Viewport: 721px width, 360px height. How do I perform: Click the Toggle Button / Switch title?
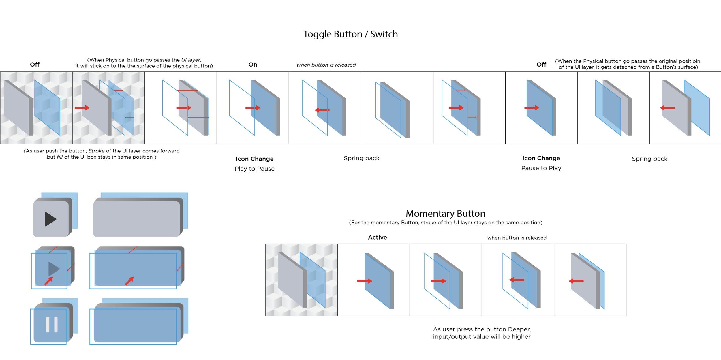point(350,34)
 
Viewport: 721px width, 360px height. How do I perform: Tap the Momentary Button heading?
point(445,214)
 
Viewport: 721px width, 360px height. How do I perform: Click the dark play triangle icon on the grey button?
point(51,219)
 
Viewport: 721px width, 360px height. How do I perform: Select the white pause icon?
point(52,325)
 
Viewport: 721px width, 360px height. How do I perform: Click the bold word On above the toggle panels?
point(253,65)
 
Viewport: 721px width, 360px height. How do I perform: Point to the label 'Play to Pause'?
point(254,169)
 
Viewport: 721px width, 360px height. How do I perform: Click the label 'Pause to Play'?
point(541,168)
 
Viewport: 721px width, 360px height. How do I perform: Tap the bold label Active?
point(377,238)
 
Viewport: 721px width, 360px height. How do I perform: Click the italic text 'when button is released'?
point(326,65)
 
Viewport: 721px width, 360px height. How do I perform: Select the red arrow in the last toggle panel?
point(667,108)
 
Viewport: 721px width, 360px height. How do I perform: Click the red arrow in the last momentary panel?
point(576,281)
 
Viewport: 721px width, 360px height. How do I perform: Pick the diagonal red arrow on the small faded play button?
point(48,281)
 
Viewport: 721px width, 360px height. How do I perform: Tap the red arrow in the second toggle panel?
point(82,108)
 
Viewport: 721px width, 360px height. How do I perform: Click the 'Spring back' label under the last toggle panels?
point(649,159)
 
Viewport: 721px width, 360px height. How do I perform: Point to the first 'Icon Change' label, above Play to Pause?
point(254,159)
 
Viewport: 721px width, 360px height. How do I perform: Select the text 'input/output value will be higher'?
point(482,337)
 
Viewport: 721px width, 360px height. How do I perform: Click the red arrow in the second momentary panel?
point(365,281)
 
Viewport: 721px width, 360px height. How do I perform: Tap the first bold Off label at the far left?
point(35,65)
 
